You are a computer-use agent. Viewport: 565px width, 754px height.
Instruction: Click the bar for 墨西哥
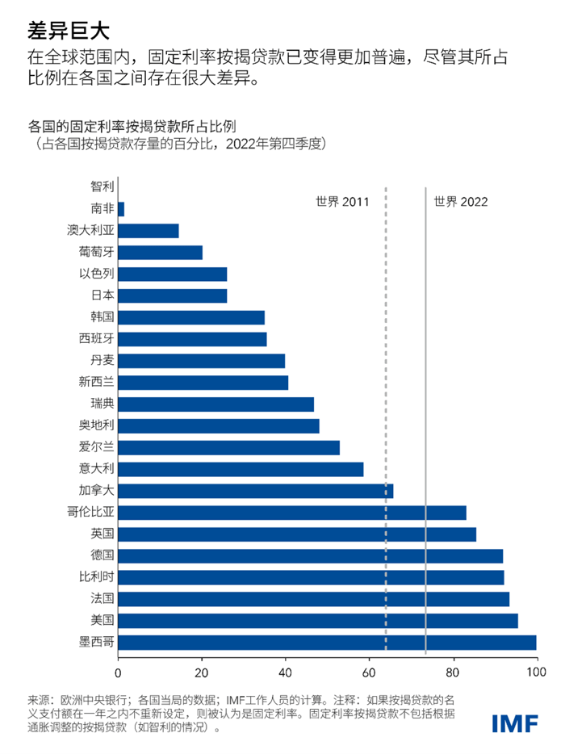coord(327,643)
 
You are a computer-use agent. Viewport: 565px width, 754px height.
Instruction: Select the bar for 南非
coord(121,209)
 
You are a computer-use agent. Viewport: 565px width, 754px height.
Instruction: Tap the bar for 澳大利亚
coord(149,231)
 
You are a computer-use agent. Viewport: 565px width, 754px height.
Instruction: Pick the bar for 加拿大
coord(255,491)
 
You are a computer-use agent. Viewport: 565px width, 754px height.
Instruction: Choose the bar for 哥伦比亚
coord(292,513)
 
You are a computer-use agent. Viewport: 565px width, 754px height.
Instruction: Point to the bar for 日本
coord(173,295)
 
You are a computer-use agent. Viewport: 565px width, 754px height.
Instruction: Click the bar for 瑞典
coord(216,404)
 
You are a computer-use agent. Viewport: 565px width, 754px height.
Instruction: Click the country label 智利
coord(103,187)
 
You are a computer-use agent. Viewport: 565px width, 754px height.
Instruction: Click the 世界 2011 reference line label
coord(342,201)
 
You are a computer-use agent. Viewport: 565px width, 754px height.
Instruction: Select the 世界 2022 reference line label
coord(461,201)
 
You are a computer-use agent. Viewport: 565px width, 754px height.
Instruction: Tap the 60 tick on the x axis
coord(369,672)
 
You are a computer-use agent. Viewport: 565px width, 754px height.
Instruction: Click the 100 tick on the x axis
coord(535,672)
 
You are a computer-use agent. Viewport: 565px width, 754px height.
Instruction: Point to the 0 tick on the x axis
coord(119,672)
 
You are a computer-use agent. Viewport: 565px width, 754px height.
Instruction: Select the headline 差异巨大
coord(67,30)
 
